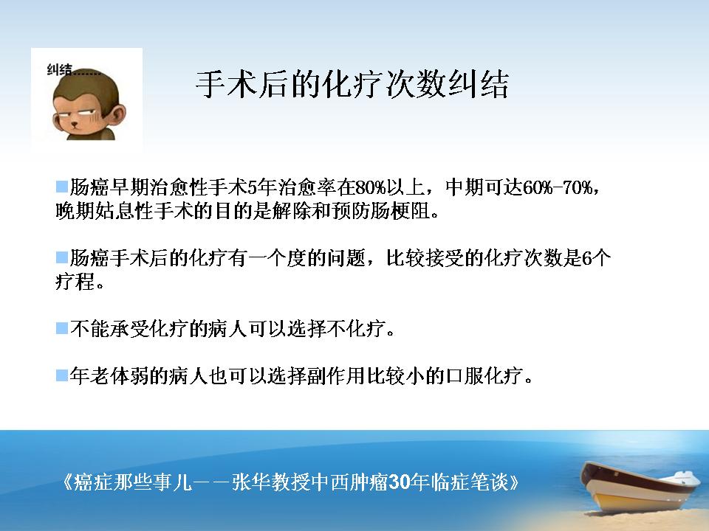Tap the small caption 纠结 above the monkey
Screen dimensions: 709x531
[x=59, y=69]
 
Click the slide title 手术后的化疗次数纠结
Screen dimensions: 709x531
[x=352, y=84]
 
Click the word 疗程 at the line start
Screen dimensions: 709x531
[x=75, y=282]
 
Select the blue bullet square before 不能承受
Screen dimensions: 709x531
[x=62, y=328]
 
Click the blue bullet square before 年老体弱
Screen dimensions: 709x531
[x=62, y=375]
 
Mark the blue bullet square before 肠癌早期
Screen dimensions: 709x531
[x=62, y=187]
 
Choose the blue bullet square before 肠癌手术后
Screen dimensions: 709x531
[x=62, y=258]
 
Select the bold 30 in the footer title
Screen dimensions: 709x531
[x=399, y=482]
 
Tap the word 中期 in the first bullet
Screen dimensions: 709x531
[x=465, y=187]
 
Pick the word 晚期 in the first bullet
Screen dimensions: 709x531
[x=75, y=211]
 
